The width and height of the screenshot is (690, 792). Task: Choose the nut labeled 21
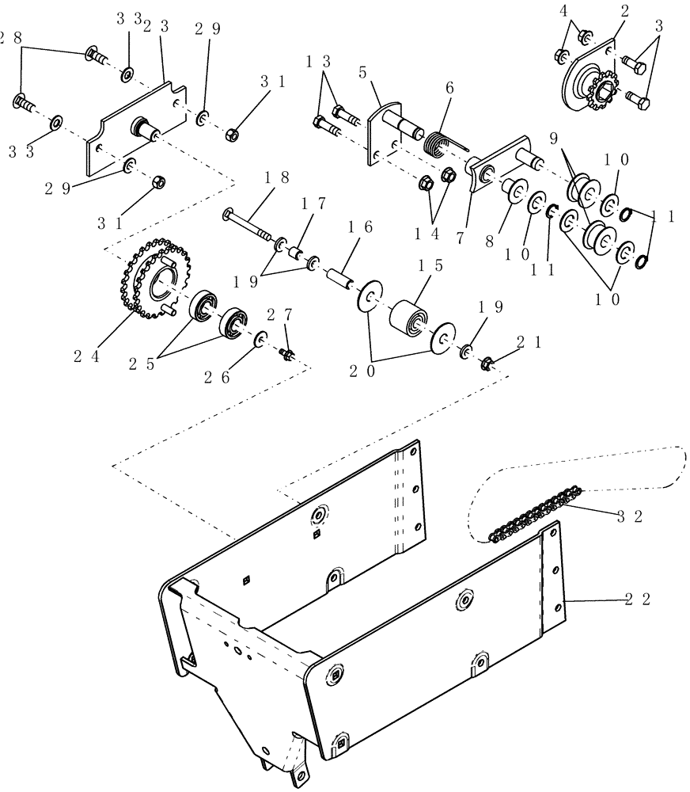[x=486, y=364]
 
